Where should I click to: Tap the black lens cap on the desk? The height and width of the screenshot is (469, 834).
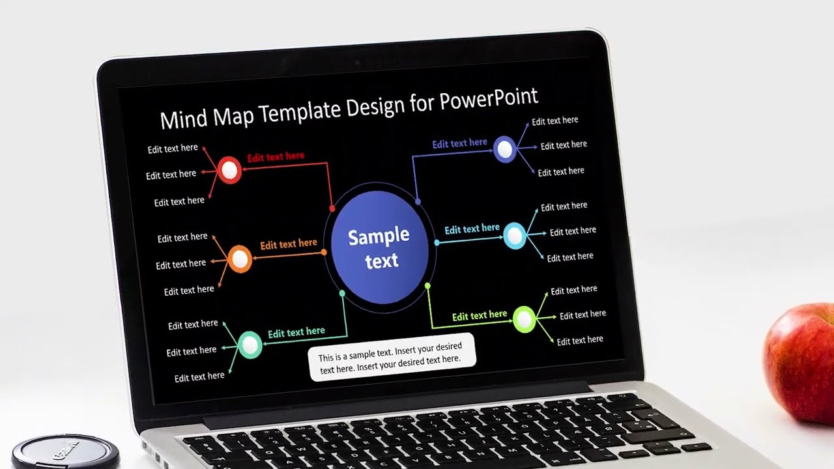tap(65, 453)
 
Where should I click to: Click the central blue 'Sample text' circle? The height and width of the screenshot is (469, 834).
tap(380, 247)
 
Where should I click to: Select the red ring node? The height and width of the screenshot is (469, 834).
tap(229, 170)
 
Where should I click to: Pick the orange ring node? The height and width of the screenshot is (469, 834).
tap(240, 259)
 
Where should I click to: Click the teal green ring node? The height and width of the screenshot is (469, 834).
tap(250, 345)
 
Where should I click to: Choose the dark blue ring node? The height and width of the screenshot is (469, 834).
tap(504, 150)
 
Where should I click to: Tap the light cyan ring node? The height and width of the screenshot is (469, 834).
tap(514, 236)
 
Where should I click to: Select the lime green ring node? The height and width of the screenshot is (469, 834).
tap(524, 319)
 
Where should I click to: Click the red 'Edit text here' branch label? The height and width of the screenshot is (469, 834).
tap(276, 157)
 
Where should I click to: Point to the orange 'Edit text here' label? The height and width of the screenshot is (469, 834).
tap(289, 244)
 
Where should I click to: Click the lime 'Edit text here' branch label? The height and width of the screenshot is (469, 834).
tap(480, 316)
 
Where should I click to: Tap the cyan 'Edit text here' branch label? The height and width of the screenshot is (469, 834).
tap(472, 229)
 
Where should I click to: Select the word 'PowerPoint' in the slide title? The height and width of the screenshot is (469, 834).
tap(489, 100)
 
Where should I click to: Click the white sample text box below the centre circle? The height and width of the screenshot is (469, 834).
tap(391, 358)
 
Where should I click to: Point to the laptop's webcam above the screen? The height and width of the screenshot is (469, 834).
tap(356, 63)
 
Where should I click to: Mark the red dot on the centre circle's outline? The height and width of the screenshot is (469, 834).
tap(332, 208)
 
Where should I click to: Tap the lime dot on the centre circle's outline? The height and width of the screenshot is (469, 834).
tap(428, 286)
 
